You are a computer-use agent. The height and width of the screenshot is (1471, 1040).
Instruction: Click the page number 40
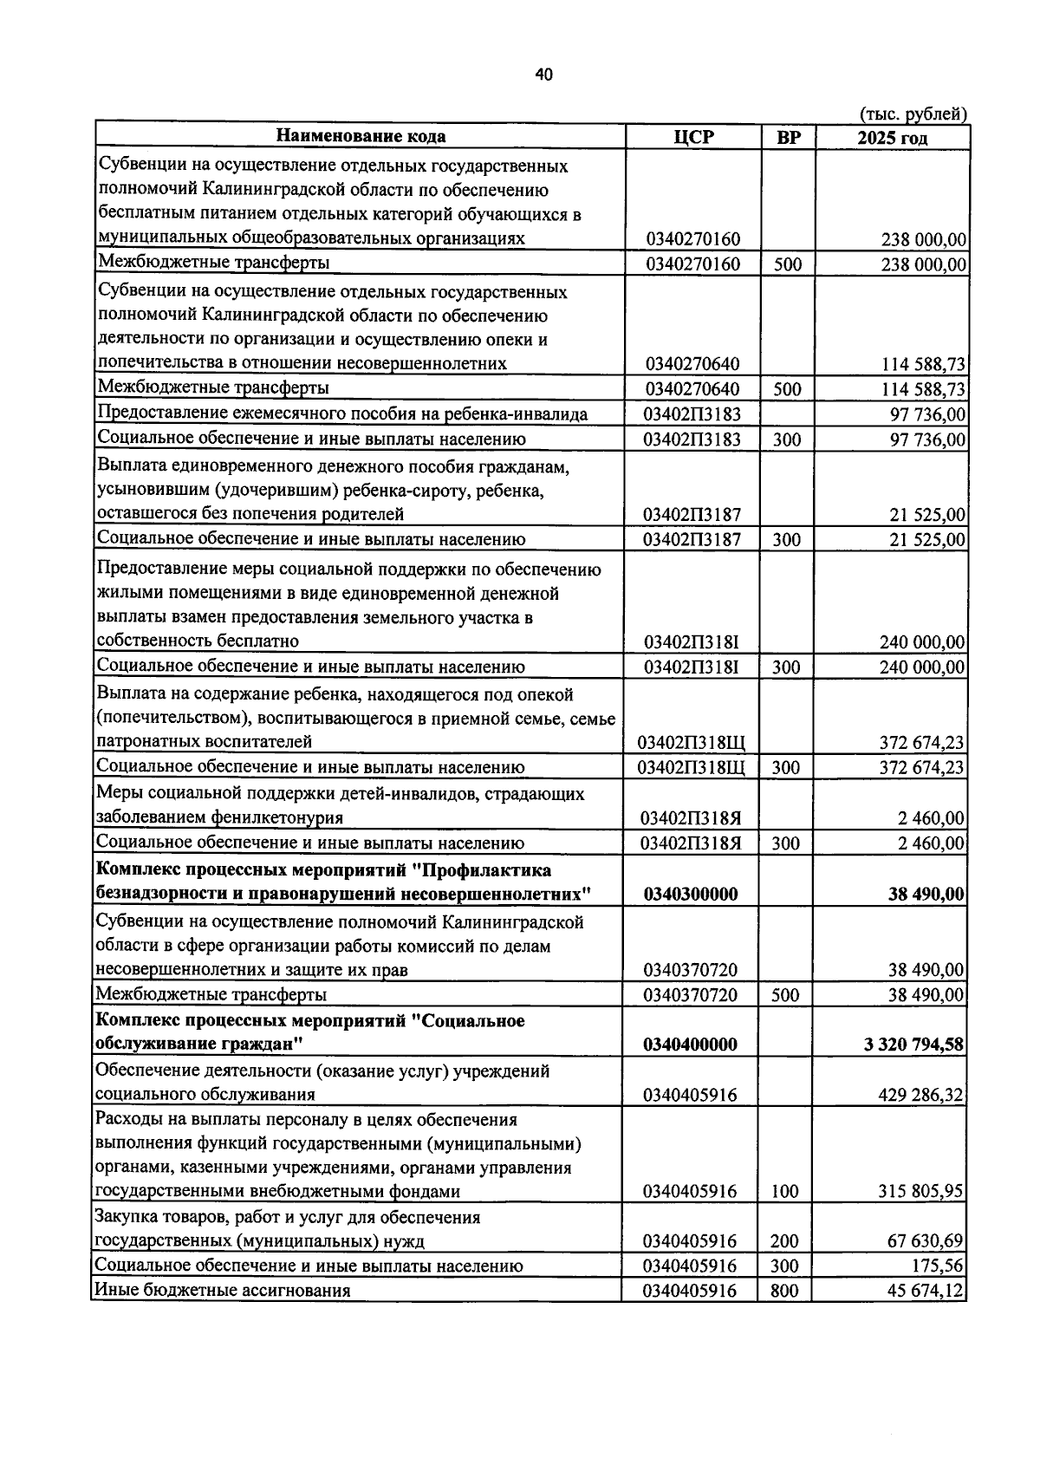click(x=543, y=75)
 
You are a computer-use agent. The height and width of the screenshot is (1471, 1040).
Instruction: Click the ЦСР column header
click(x=692, y=137)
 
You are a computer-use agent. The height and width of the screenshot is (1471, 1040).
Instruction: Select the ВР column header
click(x=788, y=137)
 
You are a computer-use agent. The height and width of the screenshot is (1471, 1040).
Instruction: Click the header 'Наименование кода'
click(x=361, y=136)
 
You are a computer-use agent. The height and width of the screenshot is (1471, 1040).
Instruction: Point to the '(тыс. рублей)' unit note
click(x=913, y=114)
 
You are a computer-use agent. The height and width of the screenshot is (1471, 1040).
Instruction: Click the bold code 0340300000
click(x=691, y=895)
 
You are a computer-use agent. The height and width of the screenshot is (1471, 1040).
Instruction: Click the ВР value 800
click(x=785, y=1291)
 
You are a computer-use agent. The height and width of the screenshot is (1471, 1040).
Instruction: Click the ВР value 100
click(x=785, y=1192)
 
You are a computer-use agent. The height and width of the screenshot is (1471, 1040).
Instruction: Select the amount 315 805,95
click(x=920, y=1192)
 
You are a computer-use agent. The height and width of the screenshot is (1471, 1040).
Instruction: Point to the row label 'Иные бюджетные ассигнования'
click(x=223, y=1290)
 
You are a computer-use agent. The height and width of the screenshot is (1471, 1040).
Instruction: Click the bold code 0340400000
click(x=691, y=1045)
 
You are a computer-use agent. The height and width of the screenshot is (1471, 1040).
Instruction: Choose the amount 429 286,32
click(x=920, y=1095)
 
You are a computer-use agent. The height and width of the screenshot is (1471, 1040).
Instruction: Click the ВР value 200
click(x=785, y=1241)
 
